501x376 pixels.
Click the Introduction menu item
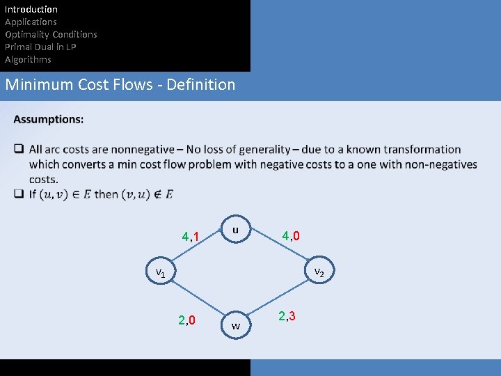pos(31,9)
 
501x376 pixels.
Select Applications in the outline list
pos(31,22)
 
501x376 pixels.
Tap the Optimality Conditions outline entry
pos(51,34)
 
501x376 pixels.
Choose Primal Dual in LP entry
pos(40,47)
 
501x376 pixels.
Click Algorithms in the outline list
pos(28,59)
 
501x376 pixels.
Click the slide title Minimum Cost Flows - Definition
pos(120,85)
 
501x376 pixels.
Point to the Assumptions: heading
pos(49,119)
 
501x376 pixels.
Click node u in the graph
pos(235,230)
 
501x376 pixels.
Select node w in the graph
pos(236,325)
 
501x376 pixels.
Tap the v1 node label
pos(160,272)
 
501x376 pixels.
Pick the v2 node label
pos(319,272)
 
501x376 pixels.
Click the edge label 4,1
pos(191,237)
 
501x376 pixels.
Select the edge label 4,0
pos(291,236)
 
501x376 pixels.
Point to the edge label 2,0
pos(186,320)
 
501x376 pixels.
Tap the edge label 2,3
pos(287,316)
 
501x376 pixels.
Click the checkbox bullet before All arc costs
pos(19,149)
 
